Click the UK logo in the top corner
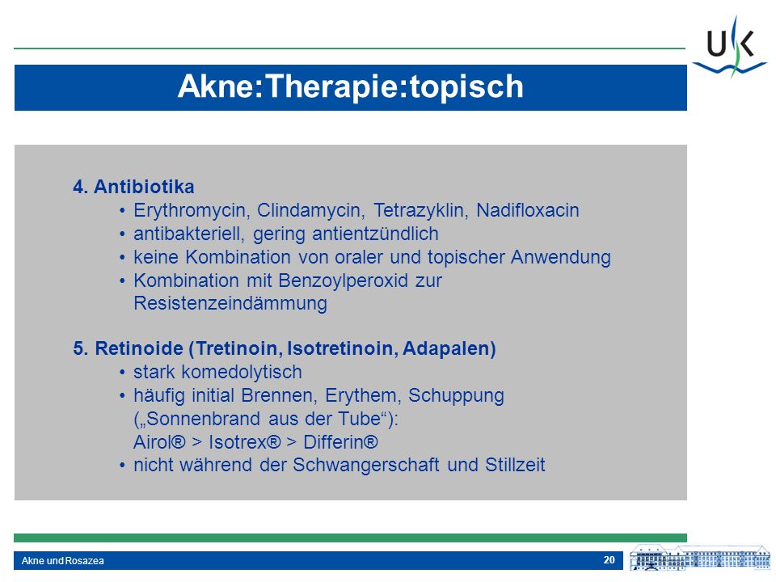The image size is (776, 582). pos(729,47)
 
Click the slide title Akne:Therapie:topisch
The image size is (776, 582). pos(350,86)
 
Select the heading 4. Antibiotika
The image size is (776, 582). pos(133,187)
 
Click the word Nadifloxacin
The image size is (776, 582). pos(528,210)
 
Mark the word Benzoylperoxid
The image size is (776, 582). pos(343,280)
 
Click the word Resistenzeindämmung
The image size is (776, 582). pos(230,303)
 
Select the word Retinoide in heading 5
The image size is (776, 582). pos(139,348)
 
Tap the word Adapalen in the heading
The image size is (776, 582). pos(449,349)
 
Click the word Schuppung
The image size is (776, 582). pos(456,396)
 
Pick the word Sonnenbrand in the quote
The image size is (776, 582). pos(204,419)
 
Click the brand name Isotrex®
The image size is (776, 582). pos(244,442)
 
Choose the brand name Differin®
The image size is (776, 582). pos(340,442)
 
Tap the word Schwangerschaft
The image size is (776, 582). pos(365,466)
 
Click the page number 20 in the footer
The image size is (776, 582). pos(609,559)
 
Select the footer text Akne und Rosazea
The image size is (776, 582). pos(63,561)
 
